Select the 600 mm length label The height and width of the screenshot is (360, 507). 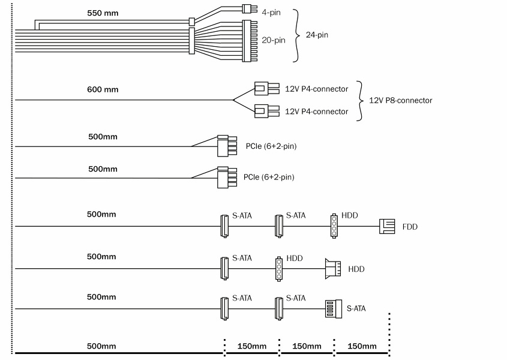103,89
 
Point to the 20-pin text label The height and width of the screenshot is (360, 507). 274,40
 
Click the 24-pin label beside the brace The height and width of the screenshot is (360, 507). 317,35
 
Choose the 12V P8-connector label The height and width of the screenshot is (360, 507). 400,100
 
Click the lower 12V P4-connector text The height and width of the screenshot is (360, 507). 316,112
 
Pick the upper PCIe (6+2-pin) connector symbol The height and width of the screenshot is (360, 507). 226,145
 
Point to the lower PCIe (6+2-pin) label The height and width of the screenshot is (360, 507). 269,178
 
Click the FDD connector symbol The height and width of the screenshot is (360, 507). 387,226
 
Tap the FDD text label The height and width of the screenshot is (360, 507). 410,227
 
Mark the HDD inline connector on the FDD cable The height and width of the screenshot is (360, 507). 334,226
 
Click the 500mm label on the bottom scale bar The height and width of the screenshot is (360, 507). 101,346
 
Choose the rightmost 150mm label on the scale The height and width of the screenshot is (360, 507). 362,346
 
